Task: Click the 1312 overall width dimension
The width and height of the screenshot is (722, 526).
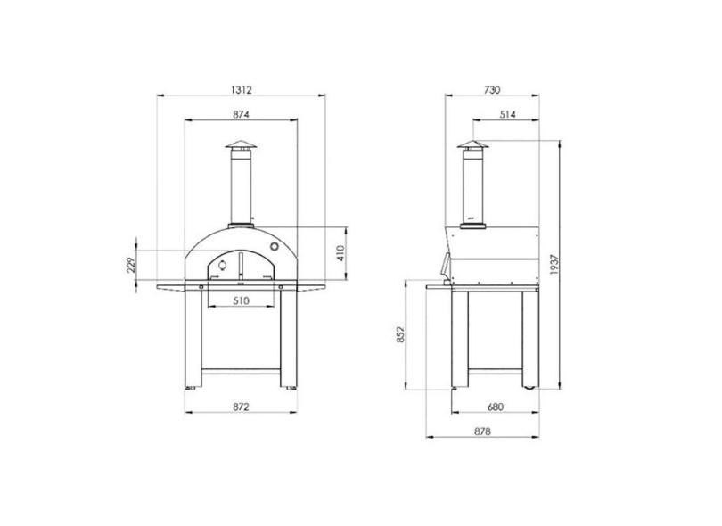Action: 242,90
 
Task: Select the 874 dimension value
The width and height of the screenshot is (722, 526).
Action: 241,114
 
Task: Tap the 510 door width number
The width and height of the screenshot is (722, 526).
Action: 241,300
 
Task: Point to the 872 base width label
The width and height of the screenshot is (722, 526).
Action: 241,407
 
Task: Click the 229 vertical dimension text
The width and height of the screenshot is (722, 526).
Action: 131,266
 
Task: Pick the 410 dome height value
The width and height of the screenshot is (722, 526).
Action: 340,253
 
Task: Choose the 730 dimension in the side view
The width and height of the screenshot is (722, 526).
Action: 492,90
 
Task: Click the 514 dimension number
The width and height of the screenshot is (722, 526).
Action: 507,114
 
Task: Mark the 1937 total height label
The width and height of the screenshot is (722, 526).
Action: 554,265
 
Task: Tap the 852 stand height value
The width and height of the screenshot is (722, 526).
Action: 399,334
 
